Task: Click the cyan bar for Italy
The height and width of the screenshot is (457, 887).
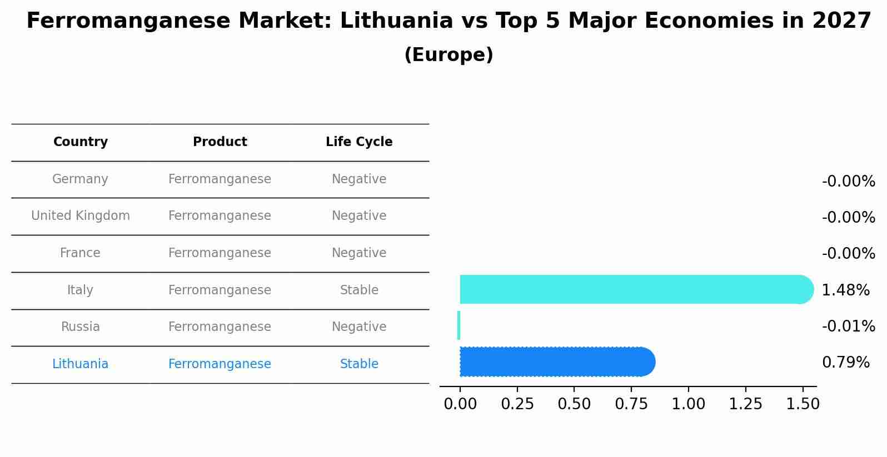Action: coord(634,289)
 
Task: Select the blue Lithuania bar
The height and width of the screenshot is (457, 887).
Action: coord(556,362)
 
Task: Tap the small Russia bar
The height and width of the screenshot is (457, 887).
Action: coord(459,325)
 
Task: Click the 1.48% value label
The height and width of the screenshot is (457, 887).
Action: coord(845,290)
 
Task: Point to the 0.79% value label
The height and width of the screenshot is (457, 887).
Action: coord(845,363)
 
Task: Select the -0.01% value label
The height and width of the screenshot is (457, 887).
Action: coord(848,326)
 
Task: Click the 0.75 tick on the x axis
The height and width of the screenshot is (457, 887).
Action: coord(631,404)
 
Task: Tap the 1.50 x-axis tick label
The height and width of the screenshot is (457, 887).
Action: coord(803,404)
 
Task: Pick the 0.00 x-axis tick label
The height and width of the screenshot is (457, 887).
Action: coord(460,404)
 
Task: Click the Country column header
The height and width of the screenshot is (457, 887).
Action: coord(81,142)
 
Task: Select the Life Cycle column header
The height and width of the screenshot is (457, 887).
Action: coord(359,142)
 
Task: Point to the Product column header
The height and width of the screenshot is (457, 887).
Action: coord(220,142)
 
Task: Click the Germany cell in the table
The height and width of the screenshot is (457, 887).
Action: coord(80,179)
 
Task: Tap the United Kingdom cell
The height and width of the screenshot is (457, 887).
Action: coord(81,216)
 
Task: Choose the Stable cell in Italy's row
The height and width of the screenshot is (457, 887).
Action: coord(359,290)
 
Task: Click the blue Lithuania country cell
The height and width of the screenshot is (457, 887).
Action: coord(80,364)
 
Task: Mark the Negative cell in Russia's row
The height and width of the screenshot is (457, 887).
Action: coord(359,327)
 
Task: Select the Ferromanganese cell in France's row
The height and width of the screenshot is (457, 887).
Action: coord(220,253)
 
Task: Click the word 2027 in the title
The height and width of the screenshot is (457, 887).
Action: coord(841,21)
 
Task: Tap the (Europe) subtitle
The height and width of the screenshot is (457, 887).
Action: coord(449,55)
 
